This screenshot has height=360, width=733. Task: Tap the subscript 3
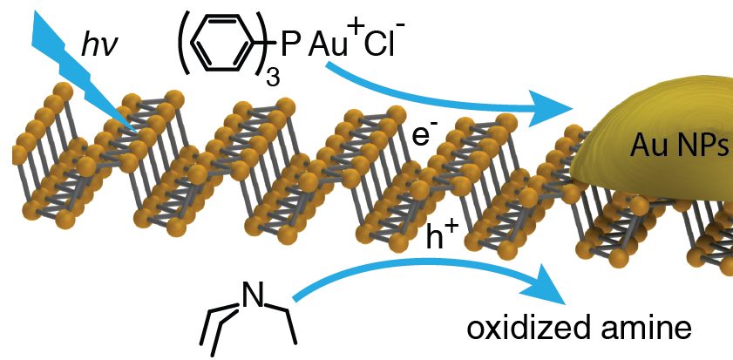pyautogui.click(x=272, y=71)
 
